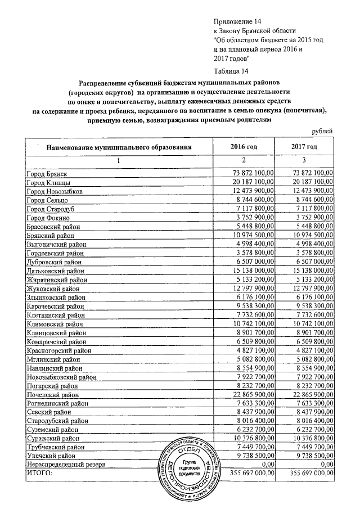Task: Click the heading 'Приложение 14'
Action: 239,21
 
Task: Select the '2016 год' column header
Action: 244,147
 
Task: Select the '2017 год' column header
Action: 304,147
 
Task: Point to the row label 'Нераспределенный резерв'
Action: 66,464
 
